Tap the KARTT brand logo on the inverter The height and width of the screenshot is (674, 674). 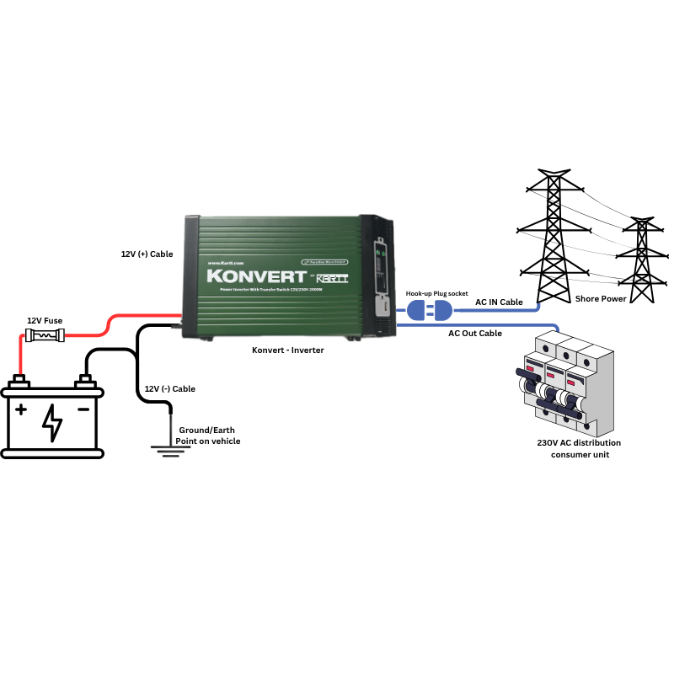pyautogui.click(x=332, y=279)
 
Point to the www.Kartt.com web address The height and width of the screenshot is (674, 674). pyautogui.click(x=225, y=263)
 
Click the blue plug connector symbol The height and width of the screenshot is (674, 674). pyautogui.click(x=429, y=311)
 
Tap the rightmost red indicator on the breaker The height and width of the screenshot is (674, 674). pyautogui.click(x=571, y=384)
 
